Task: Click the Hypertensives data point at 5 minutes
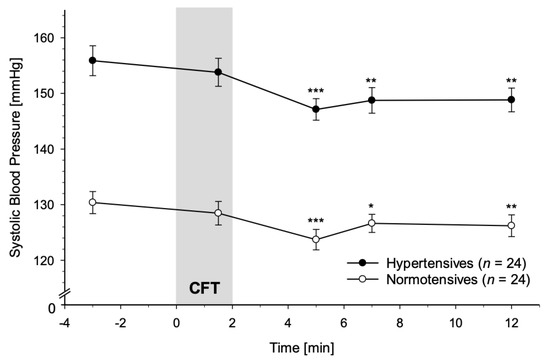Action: [x=316, y=109]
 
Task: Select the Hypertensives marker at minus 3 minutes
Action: [x=93, y=60]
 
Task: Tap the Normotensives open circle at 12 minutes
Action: [x=511, y=225]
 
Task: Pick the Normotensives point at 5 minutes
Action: [x=316, y=239]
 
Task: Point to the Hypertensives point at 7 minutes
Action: [x=371, y=100]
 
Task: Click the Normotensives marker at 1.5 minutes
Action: [x=218, y=213]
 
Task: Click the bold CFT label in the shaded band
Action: [x=204, y=288]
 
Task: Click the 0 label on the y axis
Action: [x=52, y=309]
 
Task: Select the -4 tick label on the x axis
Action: [x=64, y=323]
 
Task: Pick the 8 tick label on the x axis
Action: [x=400, y=323]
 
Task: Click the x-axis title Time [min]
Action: [x=302, y=348]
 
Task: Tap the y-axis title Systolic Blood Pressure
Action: [x=15, y=156]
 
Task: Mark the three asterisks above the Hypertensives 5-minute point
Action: [x=316, y=91]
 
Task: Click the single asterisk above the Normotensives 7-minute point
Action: [x=371, y=206]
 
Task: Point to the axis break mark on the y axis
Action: [x=65, y=293]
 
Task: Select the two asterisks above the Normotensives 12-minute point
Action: [x=511, y=207]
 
